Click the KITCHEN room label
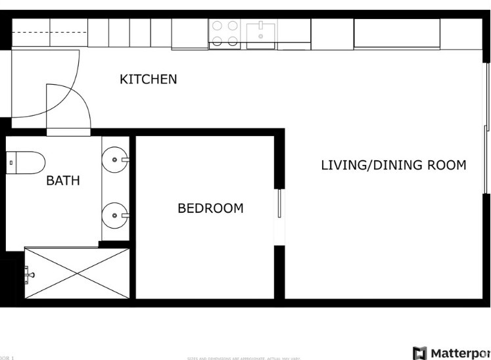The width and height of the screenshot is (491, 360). [148, 79]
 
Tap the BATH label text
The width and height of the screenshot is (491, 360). [63, 180]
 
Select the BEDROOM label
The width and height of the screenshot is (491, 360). [210, 208]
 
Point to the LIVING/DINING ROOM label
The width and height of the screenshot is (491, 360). [393, 165]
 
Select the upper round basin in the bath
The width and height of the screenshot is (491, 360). [115, 159]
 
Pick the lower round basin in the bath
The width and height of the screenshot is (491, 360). [115, 214]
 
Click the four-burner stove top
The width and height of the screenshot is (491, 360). [224, 34]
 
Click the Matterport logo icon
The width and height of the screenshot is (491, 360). [419, 353]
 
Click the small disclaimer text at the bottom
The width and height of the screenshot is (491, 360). [243, 358]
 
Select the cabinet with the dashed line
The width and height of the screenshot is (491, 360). [49, 33]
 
